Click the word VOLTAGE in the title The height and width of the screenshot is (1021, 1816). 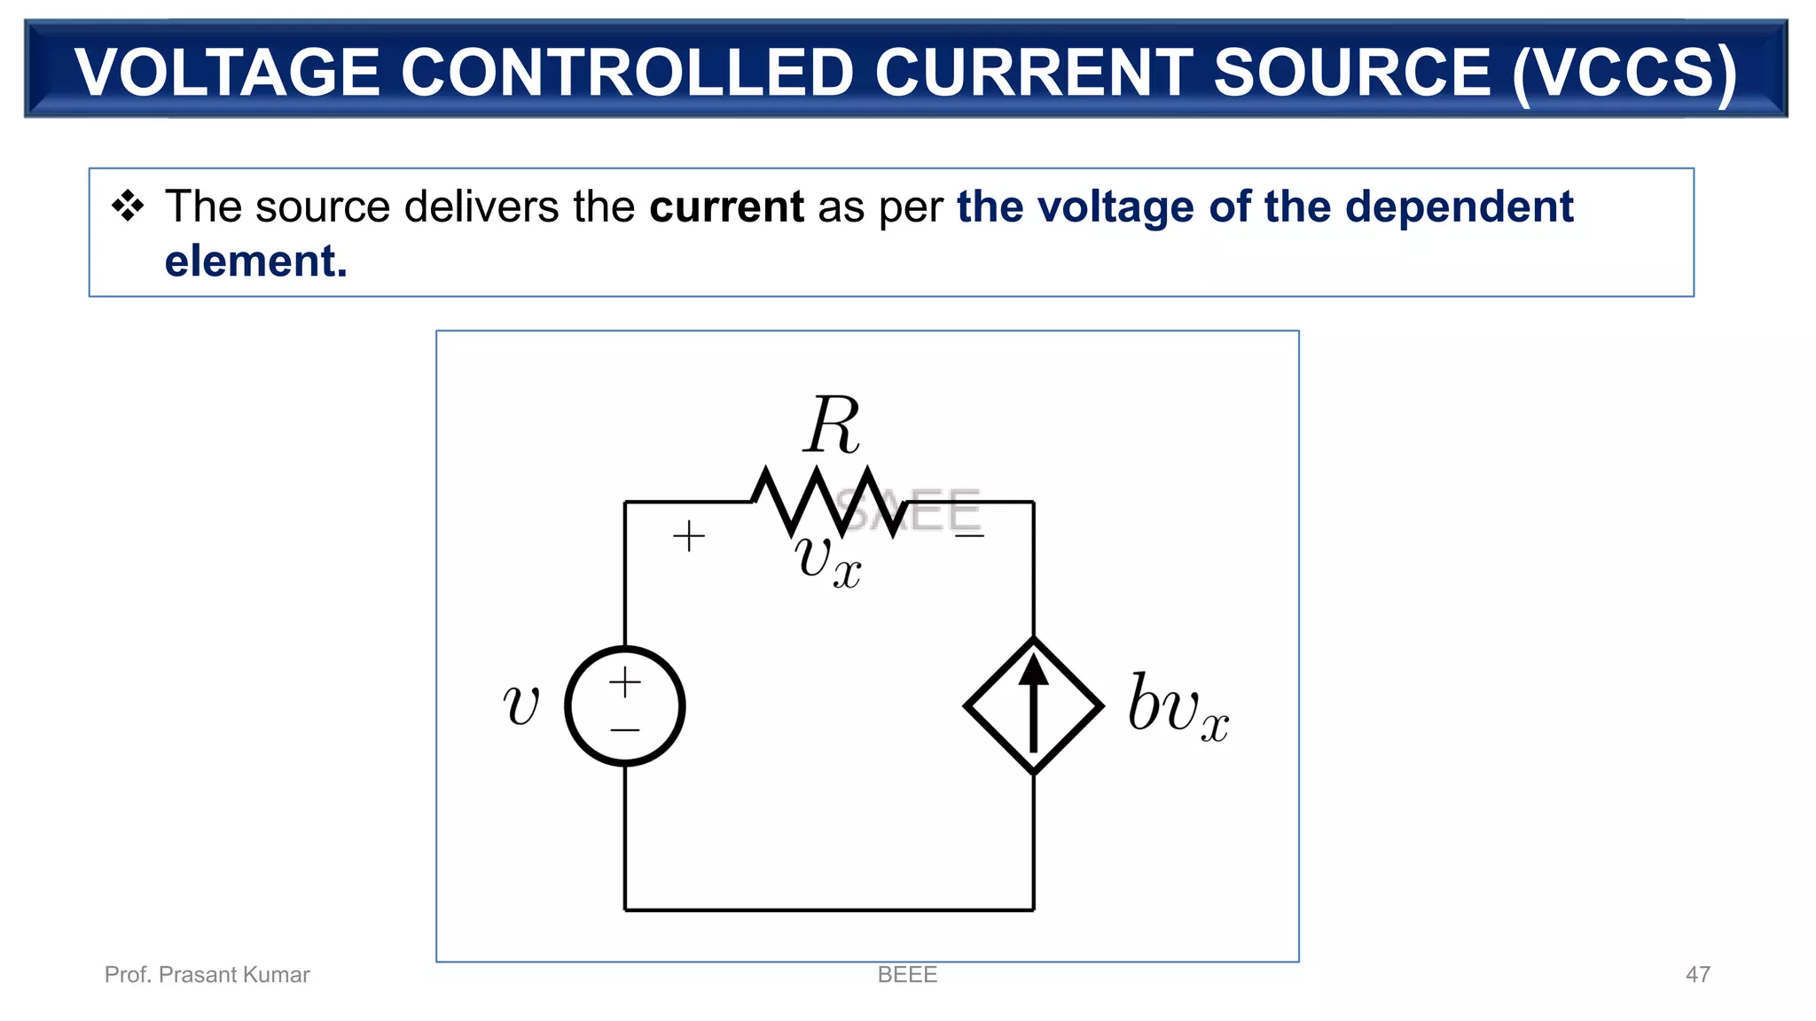(x=227, y=73)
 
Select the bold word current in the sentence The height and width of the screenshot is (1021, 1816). (x=726, y=207)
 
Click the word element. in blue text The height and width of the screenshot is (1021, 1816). (x=255, y=261)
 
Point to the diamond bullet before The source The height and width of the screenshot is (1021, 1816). (x=128, y=206)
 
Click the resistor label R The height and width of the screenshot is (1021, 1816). (x=832, y=425)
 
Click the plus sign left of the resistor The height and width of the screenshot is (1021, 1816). (x=689, y=537)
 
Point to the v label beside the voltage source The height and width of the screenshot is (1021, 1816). (x=521, y=705)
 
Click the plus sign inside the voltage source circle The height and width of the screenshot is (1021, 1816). (x=625, y=682)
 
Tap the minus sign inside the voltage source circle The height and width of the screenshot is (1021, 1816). (x=625, y=730)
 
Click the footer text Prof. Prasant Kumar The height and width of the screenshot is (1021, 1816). (x=207, y=975)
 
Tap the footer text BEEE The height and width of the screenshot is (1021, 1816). (x=907, y=975)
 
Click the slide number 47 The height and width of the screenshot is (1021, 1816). (x=1697, y=975)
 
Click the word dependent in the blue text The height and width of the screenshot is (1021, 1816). (x=1459, y=207)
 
